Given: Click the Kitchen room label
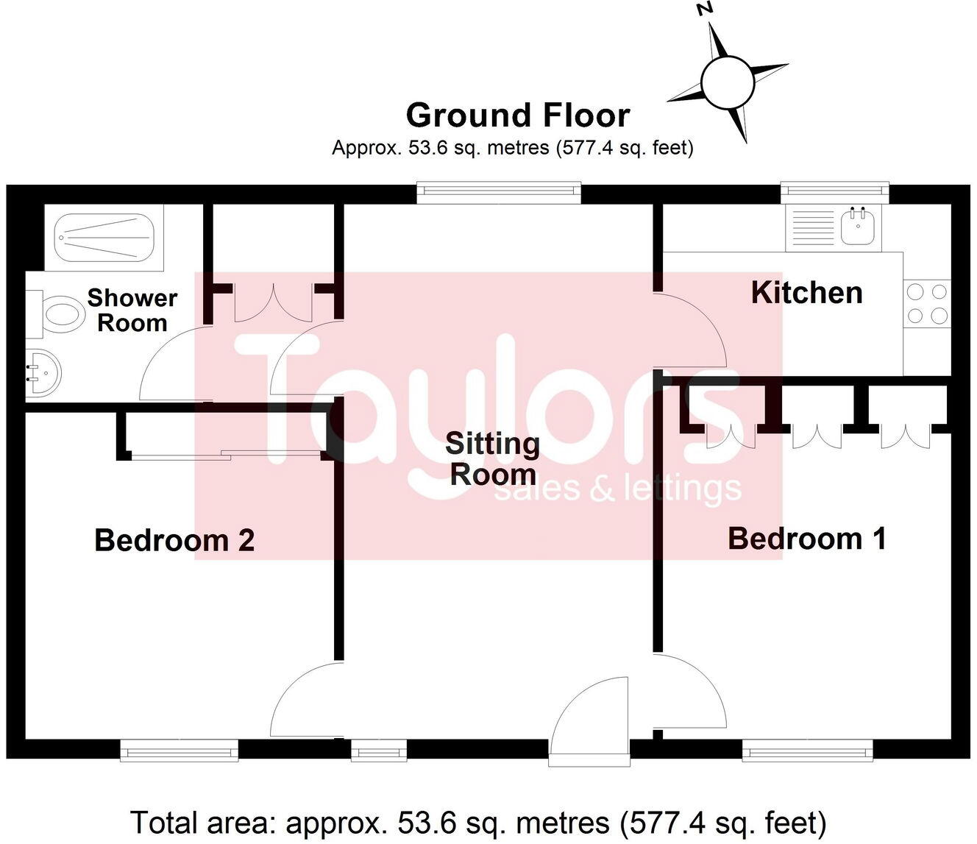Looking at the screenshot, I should [x=806, y=293].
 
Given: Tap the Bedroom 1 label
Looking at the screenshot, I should [x=806, y=539].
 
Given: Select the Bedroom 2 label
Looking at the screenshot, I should [x=174, y=540].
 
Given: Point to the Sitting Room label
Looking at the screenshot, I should [x=492, y=459].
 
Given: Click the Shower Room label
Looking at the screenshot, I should [x=132, y=310].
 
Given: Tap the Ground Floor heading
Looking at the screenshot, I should [x=518, y=116].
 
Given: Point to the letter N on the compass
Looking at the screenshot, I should [x=705, y=10].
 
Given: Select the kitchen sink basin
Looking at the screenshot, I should [x=858, y=227].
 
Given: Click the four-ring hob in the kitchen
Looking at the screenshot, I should [x=927, y=303].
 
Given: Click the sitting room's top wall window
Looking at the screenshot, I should [x=499, y=193].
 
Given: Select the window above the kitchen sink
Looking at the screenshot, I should [x=834, y=193].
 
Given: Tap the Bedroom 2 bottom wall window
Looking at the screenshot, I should [x=179, y=751].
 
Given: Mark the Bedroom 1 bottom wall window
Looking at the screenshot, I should [x=807, y=751].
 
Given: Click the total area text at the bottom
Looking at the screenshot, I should [x=478, y=822].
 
